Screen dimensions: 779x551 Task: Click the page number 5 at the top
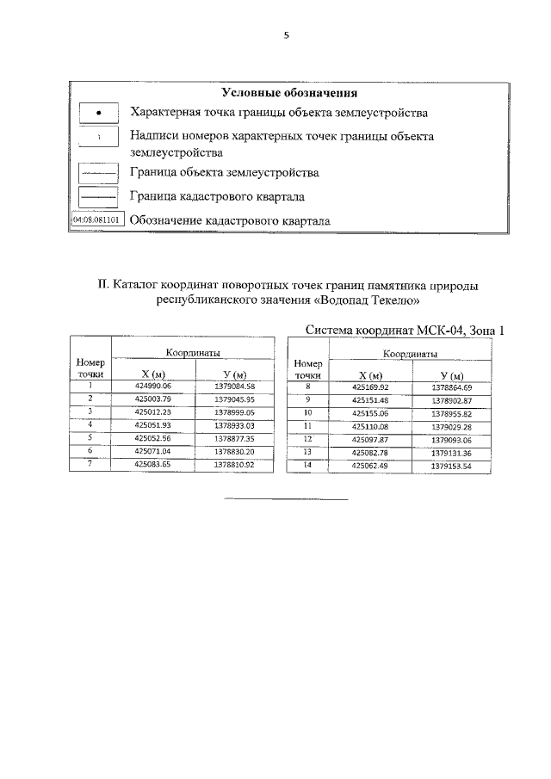click(288, 35)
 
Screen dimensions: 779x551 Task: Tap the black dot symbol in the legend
click(98, 114)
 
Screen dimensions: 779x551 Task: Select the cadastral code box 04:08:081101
click(96, 219)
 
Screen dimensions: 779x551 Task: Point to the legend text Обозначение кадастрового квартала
click(230, 220)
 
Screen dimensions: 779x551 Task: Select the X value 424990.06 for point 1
click(154, 386)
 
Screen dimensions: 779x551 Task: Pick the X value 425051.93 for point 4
click(154, 425)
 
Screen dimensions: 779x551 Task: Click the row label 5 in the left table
click(90, 437)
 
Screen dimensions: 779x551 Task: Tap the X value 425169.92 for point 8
click(371, 387)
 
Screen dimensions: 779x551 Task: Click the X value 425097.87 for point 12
click(371, 440)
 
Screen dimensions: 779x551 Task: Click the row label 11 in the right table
click(306, 426)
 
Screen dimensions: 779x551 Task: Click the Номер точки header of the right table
click(307, 369)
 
